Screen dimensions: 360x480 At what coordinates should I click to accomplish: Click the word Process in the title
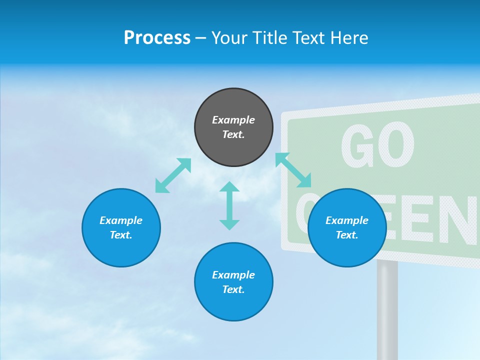pos(157,38)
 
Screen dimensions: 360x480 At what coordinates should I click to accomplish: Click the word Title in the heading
pos(269,38)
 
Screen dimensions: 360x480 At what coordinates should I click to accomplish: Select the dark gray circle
pos(233,127)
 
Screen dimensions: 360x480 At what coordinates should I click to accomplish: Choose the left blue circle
pos(121,227)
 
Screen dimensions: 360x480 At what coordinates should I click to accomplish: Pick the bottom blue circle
pos(233,282)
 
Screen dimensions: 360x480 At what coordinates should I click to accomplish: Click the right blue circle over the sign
pos(347,227)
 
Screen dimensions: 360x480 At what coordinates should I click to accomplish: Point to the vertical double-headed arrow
pos(229,205)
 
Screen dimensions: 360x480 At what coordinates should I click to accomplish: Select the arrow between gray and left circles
pos(173,175)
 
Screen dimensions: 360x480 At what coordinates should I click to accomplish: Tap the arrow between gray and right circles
pos(293,169)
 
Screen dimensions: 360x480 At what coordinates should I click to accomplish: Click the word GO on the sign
pos(377,146)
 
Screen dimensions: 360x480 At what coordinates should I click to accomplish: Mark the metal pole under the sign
pos(387,310)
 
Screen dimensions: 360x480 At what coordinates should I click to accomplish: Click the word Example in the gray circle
pos(233,120)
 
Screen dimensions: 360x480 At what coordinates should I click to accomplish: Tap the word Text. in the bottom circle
pos(233,289)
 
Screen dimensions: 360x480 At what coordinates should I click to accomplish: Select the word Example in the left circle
pos(121,220)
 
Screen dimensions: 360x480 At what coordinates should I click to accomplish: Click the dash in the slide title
pos(200,38)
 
